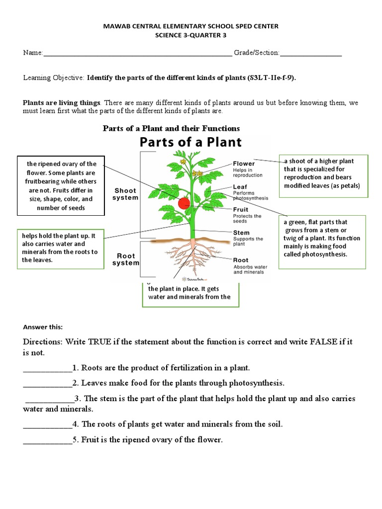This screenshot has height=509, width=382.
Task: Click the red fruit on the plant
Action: (184, 203)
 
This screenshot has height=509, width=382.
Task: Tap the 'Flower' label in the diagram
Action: (244, 164)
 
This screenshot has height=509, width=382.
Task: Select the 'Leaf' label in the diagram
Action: (240, 187)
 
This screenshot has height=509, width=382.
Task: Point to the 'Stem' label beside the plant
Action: (241, 233)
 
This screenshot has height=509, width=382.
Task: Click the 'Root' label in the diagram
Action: (241, 260)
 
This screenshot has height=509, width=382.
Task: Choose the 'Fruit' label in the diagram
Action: (241, 210)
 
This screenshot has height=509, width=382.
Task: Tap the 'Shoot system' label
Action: (125, 194)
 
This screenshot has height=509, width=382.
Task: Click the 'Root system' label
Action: (125, 259)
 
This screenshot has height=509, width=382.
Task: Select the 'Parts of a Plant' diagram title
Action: (190, 142)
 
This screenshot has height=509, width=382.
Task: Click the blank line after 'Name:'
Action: (138, 54)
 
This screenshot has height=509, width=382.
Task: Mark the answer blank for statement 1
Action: (47, 368)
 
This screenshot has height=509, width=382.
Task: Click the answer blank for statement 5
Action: (47, 440)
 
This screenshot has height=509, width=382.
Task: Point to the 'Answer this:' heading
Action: (43, 327)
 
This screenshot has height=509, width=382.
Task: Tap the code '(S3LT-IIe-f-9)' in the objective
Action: (275, 78)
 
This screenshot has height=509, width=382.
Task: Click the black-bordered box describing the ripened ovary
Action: (61, 185)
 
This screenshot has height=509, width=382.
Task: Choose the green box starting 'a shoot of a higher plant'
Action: (322, 173)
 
